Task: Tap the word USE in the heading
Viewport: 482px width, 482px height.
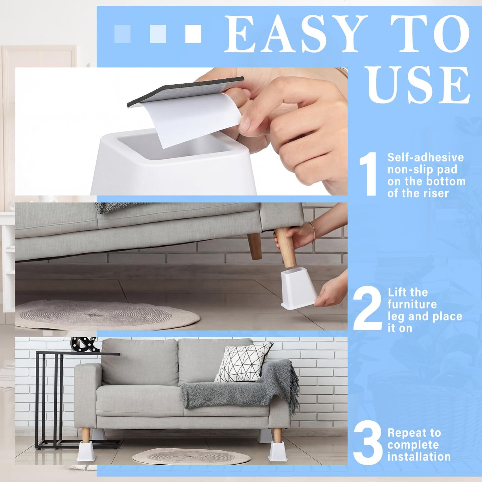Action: coord(418,85)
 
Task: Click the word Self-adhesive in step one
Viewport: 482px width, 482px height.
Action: coord(426,157)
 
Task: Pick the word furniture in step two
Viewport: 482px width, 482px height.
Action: coord(412,305)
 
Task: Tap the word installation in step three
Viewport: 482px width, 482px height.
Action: coord(419,457)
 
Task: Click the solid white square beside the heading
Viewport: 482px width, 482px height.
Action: coord(193,34)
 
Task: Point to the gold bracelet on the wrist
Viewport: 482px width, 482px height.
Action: coord(313,231)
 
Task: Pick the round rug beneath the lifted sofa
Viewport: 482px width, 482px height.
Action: coord(107,315)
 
